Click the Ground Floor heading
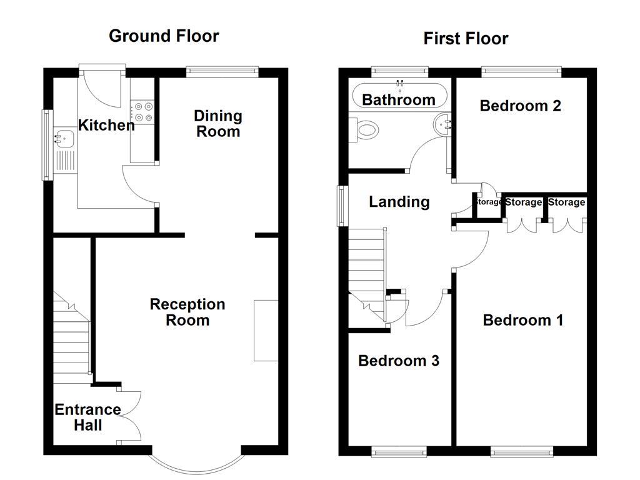tap(164, 36)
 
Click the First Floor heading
tap(466, 39)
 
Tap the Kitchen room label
tap(106, 125)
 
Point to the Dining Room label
tap(217, 123)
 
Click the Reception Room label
tap(187, 312)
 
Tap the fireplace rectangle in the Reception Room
tap(266, 330)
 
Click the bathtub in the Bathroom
tap(399, 97)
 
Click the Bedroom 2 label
tap(520, 106)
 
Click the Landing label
tap(399, 202)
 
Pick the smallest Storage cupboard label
tap(489, 202)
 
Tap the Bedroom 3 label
tap(398, 361)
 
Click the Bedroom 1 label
tap(523, 320)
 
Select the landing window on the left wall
tap(342, 205)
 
